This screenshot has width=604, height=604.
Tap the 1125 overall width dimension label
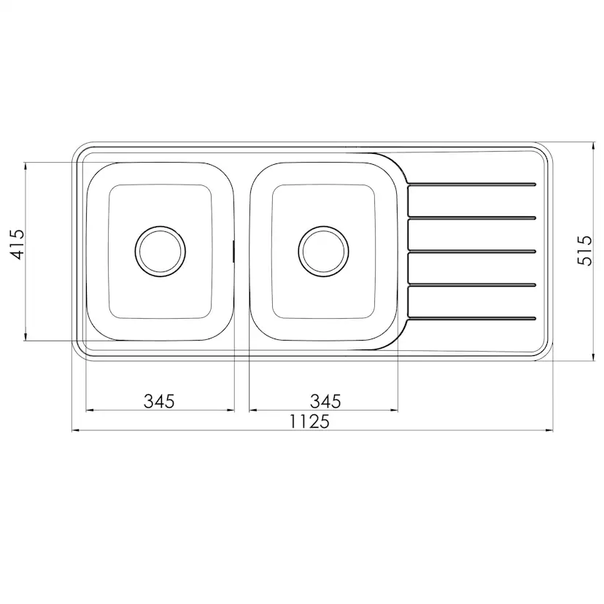point(309,422)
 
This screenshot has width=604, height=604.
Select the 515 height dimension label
point(584,251)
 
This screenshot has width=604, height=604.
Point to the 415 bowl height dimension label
point(17,244)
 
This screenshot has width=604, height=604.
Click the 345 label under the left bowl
point(159,401)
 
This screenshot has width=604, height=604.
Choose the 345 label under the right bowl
point(325,401)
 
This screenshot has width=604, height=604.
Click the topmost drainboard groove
point(472,185)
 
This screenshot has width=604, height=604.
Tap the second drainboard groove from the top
point(472,218)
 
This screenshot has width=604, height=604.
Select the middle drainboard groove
point(472,252)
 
